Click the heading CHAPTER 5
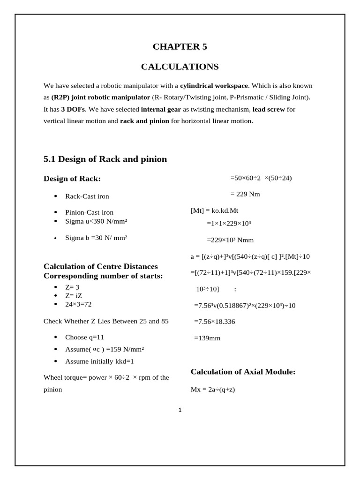coord(180,46)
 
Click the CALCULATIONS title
coord(180,67)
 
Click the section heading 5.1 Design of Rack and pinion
coord(105,159)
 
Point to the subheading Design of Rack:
coord(72,178)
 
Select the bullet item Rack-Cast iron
coord(87,196)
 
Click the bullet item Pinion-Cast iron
coord(89,212)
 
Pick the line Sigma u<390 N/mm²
coord(97,221)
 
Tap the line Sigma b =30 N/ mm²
coord(96,238)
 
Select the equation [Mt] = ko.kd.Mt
coord(217,210)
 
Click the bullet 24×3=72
coord(78,304)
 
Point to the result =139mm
coord(207,337)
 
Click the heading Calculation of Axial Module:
coord(243,372)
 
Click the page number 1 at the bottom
coord(180,410)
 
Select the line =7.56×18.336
coord(215,322)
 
